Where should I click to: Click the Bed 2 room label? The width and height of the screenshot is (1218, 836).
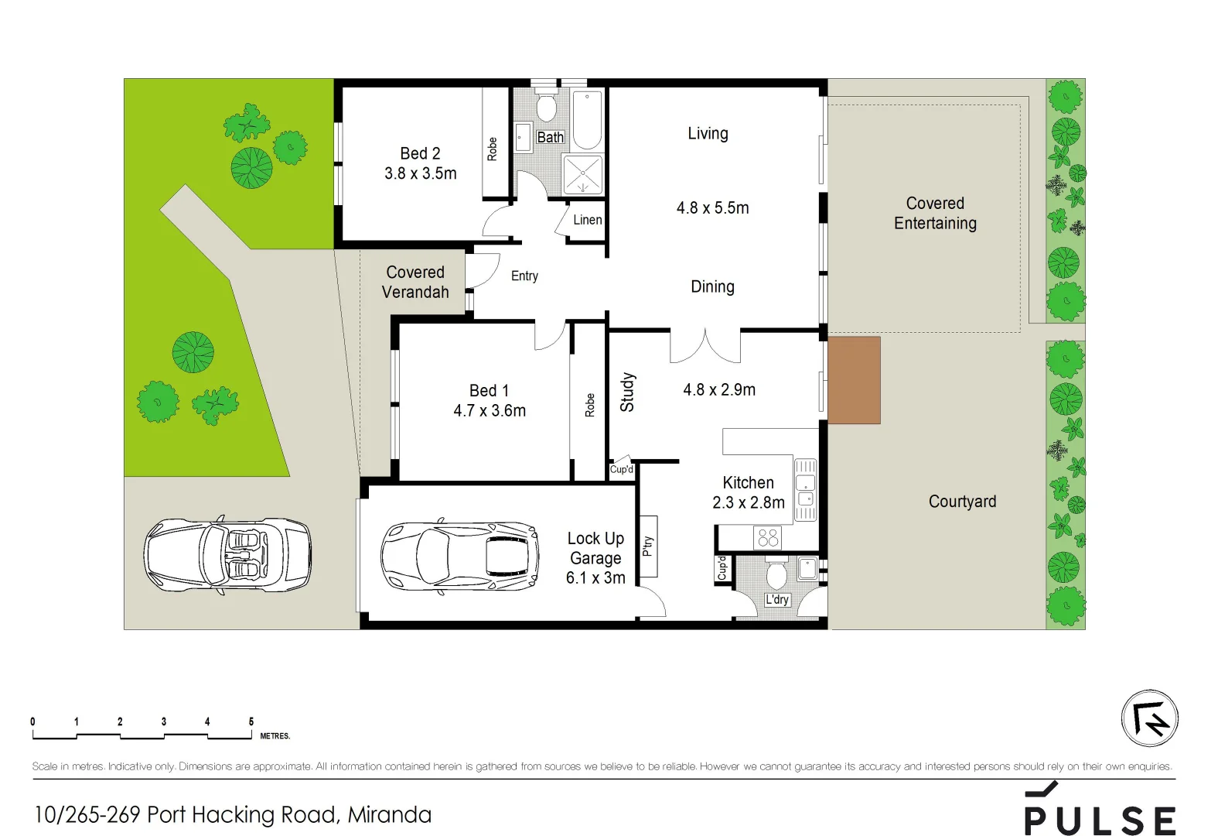click(420, 153)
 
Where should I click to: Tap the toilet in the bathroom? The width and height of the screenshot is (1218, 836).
click(547, 108)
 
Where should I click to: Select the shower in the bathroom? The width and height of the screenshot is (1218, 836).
click(582, 175)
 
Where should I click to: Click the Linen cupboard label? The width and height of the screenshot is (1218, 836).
click(587, 220)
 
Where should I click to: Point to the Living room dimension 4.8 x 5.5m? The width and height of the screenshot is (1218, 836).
click(712, 207)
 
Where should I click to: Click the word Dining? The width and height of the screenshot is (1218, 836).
click(712, 286)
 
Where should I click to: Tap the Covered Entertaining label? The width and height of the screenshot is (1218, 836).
click(935, 213)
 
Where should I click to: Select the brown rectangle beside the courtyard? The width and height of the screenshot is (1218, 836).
click(854, 380)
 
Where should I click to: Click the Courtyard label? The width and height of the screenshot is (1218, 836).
click(962, 502)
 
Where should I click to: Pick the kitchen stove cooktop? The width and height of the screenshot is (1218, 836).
click(768, 537)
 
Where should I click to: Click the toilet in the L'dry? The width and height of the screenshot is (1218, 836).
click(776, 575)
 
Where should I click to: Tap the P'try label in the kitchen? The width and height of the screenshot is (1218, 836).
click(648, 546)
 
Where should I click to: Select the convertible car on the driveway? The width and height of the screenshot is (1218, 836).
click(227, 555)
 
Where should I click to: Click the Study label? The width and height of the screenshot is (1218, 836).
click(627, 392)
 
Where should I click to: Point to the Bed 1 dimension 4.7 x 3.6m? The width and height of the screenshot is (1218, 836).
click(490, 411)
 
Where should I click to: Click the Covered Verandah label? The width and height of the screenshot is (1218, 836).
click(415, 282)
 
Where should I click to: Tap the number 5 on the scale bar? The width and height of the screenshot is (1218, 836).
click(251, 721)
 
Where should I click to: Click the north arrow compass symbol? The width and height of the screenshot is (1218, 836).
click(1149, 718)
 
